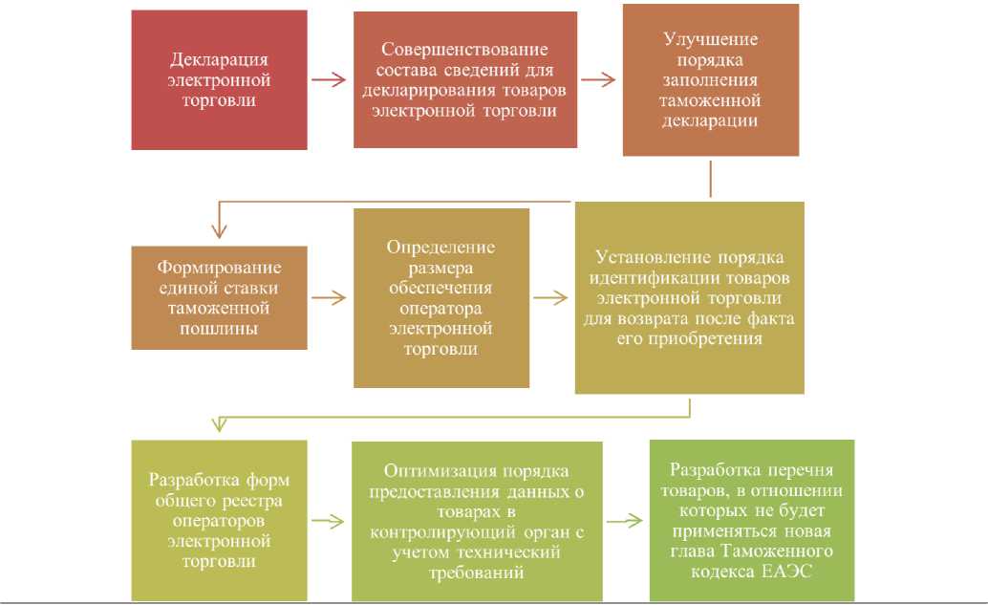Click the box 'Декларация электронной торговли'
coord(219,80)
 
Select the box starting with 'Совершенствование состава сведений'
coord(465,80)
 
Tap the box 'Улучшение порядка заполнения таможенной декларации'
coord(710,80)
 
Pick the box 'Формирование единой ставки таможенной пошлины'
coord(219,296)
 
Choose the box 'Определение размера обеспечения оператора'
coord(440,298)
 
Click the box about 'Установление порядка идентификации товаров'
coord(689,297)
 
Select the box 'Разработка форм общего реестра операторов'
coord(219,521)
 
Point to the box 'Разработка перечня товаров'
coord(751,521)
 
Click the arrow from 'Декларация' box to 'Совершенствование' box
coord(330,80)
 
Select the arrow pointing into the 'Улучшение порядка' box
coord(599,79)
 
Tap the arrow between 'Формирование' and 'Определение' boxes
coord(330,297)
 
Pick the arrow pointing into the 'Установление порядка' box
coord(551,298)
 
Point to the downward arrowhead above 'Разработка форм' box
coord(220,423)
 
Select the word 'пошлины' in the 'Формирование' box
coord(219,328)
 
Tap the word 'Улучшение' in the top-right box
coord(710,39)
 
